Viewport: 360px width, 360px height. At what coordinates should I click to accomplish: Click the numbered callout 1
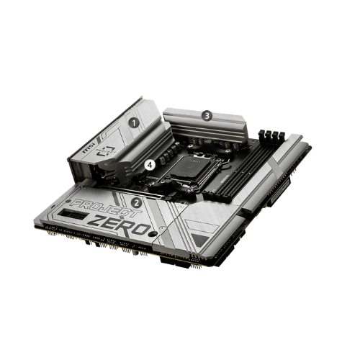coord(134,123)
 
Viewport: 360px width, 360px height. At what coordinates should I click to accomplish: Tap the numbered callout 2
coord(137,203)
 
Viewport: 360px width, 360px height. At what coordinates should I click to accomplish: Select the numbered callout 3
coord(207,116)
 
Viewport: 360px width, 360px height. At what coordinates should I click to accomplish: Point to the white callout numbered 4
coord(150,165)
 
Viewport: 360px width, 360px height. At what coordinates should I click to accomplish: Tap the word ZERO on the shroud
coord(120,225)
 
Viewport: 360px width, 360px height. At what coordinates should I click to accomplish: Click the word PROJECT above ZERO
coord(106,208)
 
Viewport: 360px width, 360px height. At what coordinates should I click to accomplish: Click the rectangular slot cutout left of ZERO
coord(72,214)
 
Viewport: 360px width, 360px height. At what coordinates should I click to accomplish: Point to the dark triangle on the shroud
coord(199,240)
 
